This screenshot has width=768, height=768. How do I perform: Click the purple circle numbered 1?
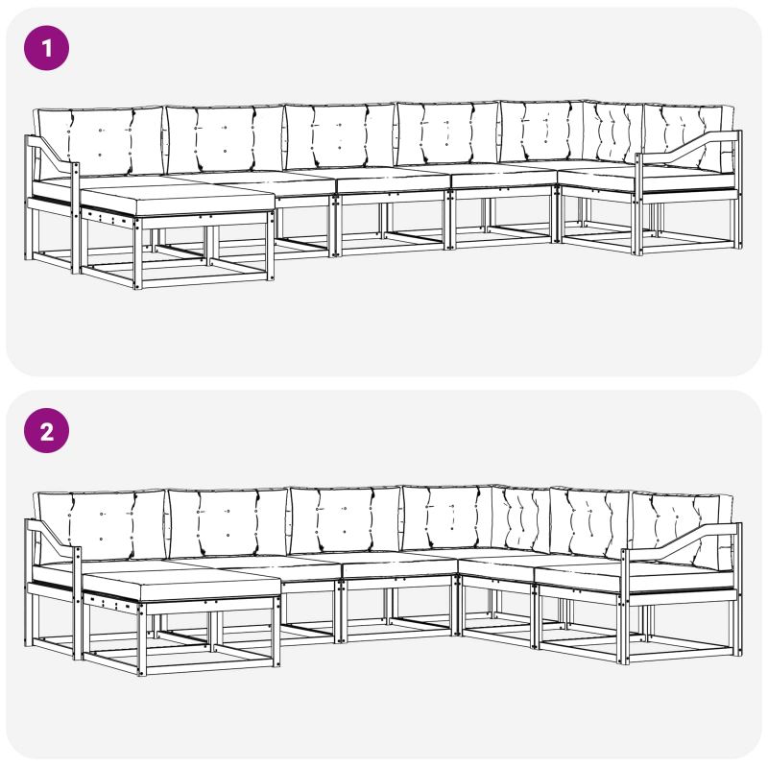46,48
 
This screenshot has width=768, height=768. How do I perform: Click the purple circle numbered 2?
46,430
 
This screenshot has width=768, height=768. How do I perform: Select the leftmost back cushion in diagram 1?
99,141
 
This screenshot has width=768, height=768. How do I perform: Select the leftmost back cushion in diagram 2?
100,525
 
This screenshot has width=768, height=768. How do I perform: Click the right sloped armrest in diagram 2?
681,542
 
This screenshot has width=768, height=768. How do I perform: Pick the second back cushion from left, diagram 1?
226,139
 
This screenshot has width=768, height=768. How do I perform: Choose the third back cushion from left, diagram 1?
341,136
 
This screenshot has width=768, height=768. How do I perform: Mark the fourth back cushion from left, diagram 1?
447,133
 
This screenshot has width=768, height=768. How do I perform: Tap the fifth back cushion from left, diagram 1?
541,131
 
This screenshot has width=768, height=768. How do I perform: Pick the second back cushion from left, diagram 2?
228,523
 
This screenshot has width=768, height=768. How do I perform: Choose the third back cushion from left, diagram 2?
346,519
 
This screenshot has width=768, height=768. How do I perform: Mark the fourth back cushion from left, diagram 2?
447,517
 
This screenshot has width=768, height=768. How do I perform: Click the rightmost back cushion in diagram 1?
688,135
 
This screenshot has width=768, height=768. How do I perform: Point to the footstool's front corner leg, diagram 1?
137,253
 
